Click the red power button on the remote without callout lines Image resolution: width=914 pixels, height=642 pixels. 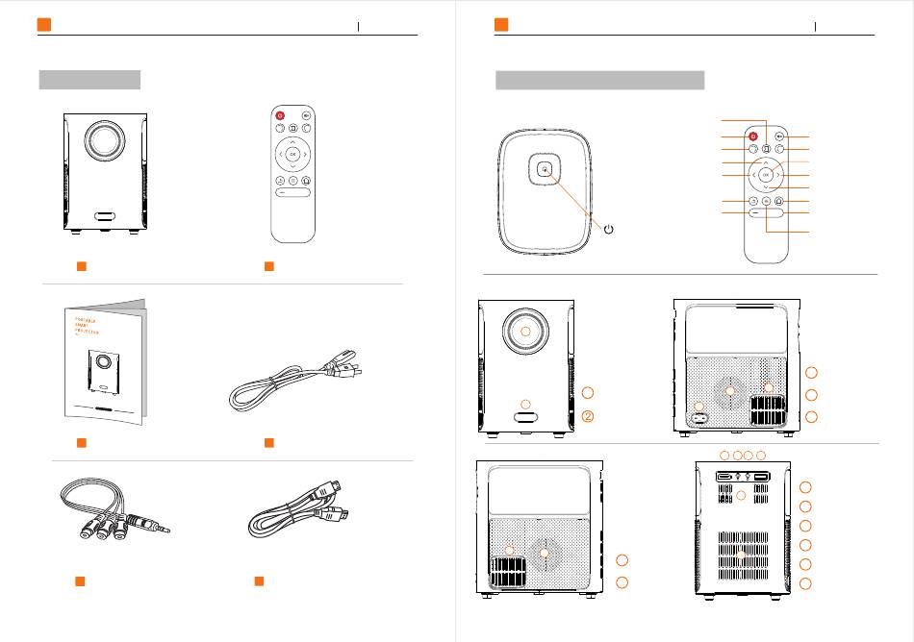coord(280,115)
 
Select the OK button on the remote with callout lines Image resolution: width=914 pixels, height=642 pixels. coord(766,176)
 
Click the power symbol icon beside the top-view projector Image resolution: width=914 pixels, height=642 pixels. coord(608,229)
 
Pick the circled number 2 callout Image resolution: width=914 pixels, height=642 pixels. coord(588,416)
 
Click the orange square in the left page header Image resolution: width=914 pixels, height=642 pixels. coord(43,24)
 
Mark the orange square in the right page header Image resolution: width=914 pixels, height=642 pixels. coord(500,24)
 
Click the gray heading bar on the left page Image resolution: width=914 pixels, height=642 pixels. coord(89,79)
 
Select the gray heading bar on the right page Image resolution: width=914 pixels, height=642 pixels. coord(599,79)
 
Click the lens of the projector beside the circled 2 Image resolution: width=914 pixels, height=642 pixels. coord(525,330)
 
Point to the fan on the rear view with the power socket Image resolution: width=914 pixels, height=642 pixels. coord(729,392)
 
